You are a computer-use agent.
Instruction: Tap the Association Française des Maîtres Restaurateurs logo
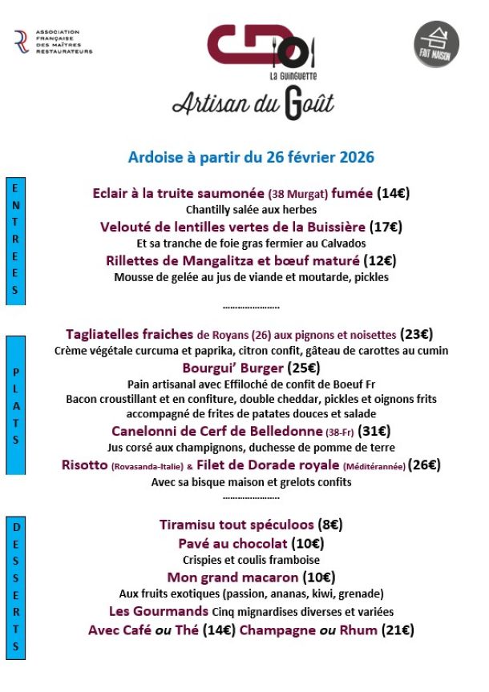53,42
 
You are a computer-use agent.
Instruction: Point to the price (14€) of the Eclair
394,193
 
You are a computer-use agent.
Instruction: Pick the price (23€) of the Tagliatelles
417,335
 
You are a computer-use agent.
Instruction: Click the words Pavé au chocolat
232,544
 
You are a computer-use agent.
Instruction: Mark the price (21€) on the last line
398,630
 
